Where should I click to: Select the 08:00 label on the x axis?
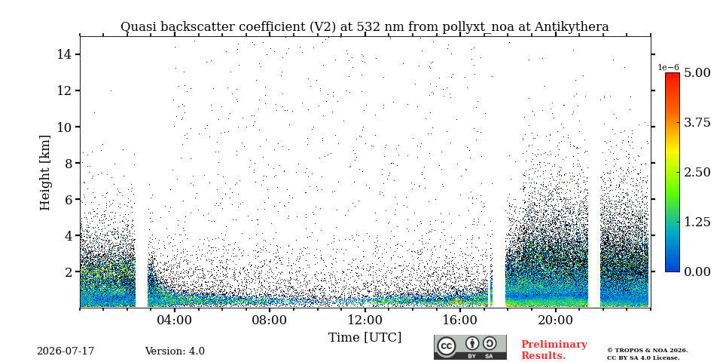point(270,320)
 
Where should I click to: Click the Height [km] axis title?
point(44,173)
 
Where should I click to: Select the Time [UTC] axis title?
point(365,338)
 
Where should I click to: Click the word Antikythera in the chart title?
point(572,27)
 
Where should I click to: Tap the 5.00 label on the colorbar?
point(697,72)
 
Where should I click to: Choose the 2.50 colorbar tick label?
point(697,172)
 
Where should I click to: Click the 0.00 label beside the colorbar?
point(697,271)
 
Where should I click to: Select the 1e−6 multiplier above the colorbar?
point(668,67)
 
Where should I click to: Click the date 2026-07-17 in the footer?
point(66,351)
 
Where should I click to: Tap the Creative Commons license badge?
point(470,347)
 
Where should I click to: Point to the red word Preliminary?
point(554,345)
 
